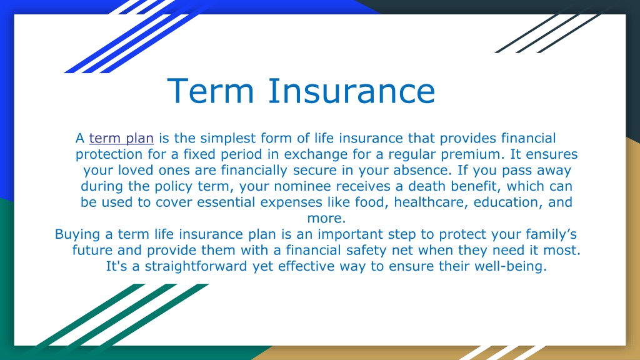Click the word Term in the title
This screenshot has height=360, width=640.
coord(211,91)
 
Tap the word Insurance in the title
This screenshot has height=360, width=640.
coord(351,91)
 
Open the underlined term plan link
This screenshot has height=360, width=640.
coord(121,138)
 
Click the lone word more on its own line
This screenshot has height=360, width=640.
coord(326,218)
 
